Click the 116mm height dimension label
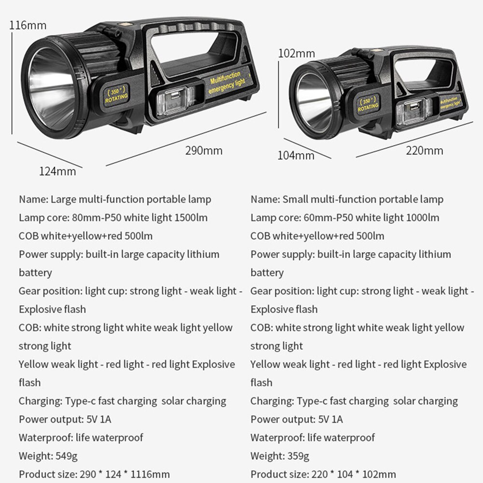[x=28, y=25]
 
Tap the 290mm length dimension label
[x=204, y=151]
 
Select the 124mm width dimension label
[x=57, y=171]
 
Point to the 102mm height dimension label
[x=297, y=54]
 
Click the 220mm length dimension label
[x=424, y=151]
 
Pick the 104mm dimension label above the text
[x=296, y=155]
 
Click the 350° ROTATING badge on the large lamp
[x=116, y=95]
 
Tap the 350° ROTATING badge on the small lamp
[x=368, y=104]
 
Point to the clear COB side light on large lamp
[x=174, y=101]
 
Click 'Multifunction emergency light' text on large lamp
[x=227, y=82]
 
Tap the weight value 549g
[x=66, y=456]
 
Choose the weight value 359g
[x=298, y=456]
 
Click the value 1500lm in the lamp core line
[x=191, y=218]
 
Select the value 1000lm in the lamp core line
[x=423, y=218]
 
